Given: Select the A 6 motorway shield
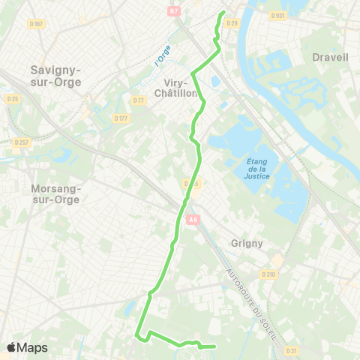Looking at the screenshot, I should [193, 219].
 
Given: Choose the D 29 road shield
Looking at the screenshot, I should [232, 24].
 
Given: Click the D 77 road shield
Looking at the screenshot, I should [138, 100].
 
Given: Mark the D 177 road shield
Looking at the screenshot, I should [121, 118].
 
